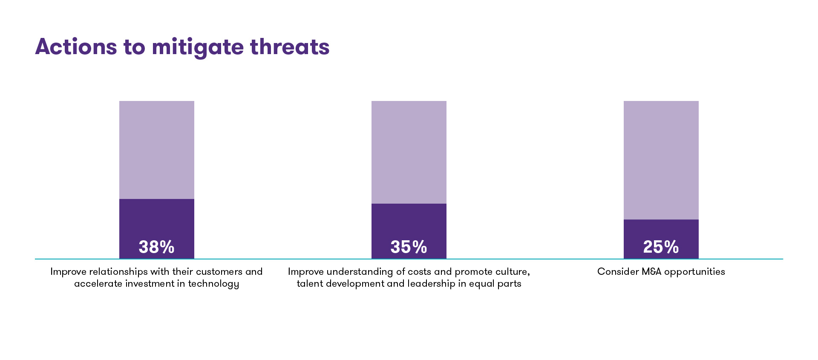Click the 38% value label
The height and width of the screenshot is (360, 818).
point(156,247)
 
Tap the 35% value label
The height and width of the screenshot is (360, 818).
point(409,247)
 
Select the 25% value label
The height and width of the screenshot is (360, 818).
point(661,247)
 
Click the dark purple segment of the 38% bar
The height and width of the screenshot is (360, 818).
point(156,217)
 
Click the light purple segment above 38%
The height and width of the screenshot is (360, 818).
point(156,150)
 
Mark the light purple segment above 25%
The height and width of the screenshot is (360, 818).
point(661,160)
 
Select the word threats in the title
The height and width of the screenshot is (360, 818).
point(290,47)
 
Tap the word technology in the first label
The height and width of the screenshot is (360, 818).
point(213,284)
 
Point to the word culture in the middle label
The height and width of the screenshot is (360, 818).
point(513,272)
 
